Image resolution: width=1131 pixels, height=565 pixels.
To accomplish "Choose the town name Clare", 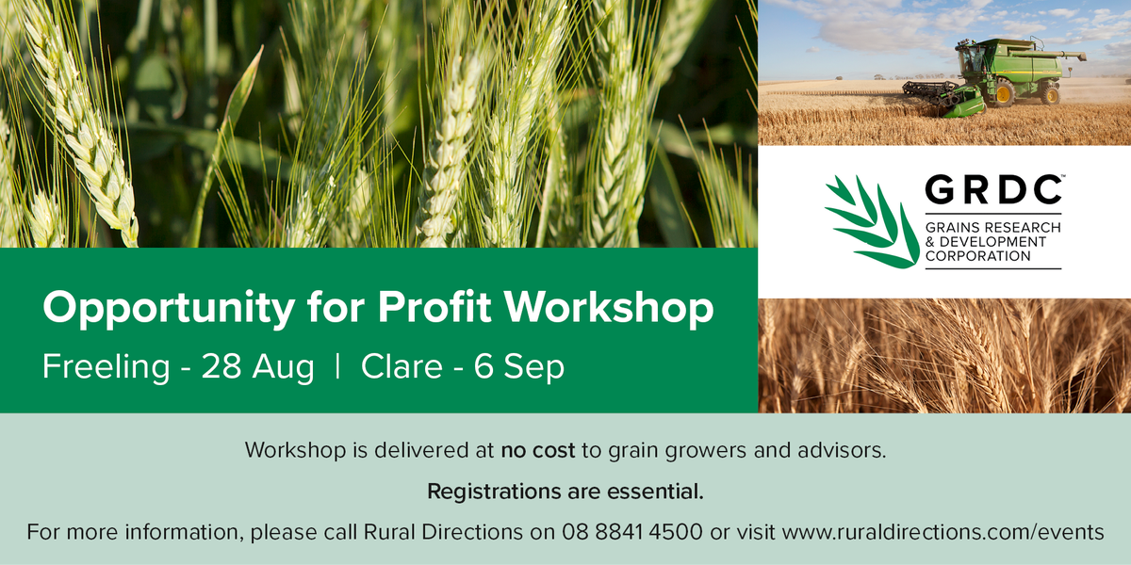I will (x=401, y=367).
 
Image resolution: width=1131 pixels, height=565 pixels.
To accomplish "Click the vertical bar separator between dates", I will (x=337, y=367).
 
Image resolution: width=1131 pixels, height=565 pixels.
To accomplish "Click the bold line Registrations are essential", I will (x=565, y=492).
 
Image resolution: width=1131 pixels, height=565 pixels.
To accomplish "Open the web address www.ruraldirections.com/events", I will (x=943, y=532).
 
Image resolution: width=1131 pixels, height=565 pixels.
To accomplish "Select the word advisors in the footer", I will (x=843, y=450).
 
